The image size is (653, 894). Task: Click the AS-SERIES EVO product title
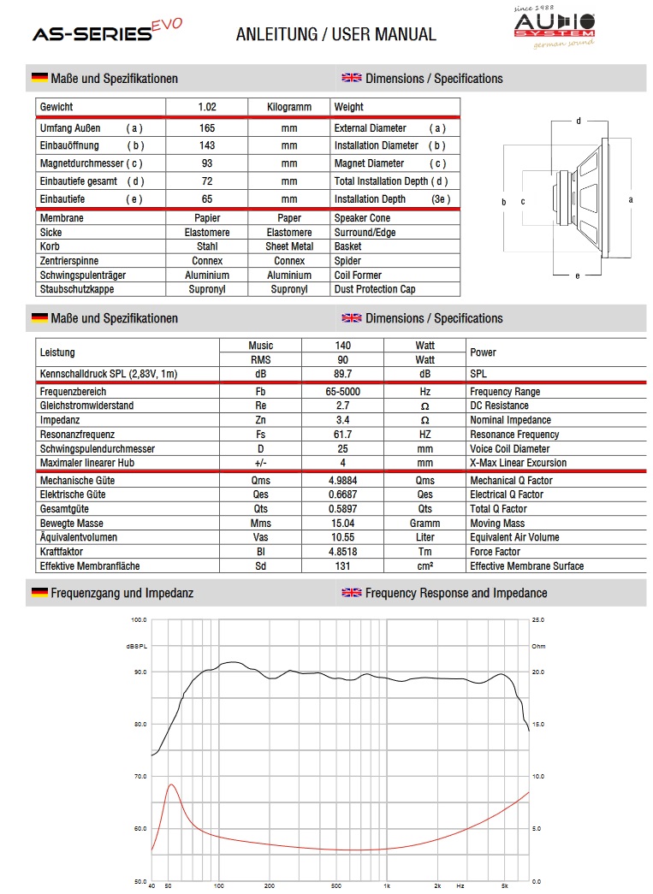(x=106, y=33)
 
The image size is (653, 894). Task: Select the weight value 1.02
(x=207, y=107)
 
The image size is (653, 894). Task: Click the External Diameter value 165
(x=207, y=128)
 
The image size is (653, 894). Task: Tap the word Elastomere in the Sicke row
(x=207, y=233)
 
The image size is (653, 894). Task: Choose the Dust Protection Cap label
(x=375, y=289)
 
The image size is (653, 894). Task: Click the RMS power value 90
(x=342, y=360)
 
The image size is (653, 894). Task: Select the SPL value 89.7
(x=342, y=375)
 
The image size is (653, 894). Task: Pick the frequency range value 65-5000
(x=342, y=392)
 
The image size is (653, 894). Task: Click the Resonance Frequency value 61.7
(x=342, y=435)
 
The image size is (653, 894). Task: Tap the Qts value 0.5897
(x=342, y=509)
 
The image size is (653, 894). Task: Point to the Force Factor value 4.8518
(x=342, y=552)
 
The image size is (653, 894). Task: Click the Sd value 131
(x=342, y=566)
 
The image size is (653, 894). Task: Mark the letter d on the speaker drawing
(x=578, y=121)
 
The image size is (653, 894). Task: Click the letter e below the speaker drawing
(x=578, y=275)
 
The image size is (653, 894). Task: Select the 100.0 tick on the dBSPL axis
(x=139, y=619)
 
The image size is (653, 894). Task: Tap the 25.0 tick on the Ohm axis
(x=537, y=619)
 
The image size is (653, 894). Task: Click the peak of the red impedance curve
(x=171, y=784)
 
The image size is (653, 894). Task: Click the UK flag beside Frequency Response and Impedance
(x=351, y=593)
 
